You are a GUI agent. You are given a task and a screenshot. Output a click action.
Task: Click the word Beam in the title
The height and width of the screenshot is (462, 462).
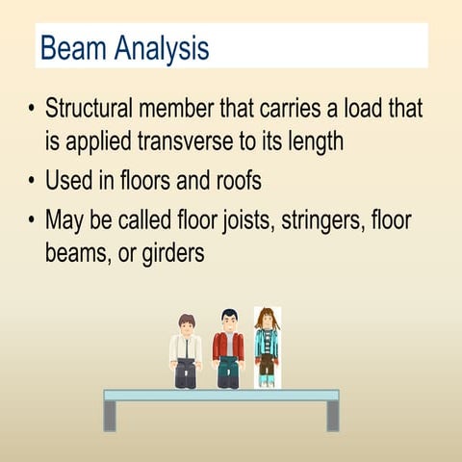(x=72, y=47)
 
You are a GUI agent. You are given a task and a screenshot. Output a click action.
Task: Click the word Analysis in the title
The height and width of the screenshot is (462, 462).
(x=161, y=48)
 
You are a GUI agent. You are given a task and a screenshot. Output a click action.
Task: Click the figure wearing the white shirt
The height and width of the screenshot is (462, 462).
(x=186, y=351)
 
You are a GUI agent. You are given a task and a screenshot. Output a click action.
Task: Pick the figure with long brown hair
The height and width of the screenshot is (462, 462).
(x=267, y=347)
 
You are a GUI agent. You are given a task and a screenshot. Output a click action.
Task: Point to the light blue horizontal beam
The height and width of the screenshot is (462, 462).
(x=221, y=395)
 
